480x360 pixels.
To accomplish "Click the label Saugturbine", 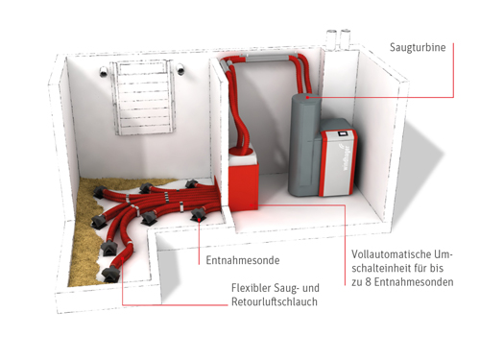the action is [x=418, y=47].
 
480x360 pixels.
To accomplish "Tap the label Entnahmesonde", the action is [x=243, y=260].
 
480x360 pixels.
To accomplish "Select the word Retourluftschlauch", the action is [x=275, y=301].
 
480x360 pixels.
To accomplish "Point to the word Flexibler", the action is [x=252, y=288].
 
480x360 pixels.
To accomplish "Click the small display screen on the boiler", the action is [x=344, y=133].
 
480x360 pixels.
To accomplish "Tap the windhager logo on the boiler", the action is [x=346, y=158].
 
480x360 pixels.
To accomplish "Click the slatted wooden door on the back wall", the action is [x=143, y=97].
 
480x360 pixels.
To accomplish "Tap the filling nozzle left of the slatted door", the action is [x=104, y=71].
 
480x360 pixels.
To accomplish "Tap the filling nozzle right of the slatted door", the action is [x=181, y=69].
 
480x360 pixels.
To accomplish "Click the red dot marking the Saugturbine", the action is [x=307, y=97].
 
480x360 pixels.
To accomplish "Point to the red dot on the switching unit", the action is [x=252, y=204].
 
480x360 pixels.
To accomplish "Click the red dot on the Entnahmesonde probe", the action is [x=199, y=220].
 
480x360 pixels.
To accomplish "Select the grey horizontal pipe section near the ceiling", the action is [x=267, y=58].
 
